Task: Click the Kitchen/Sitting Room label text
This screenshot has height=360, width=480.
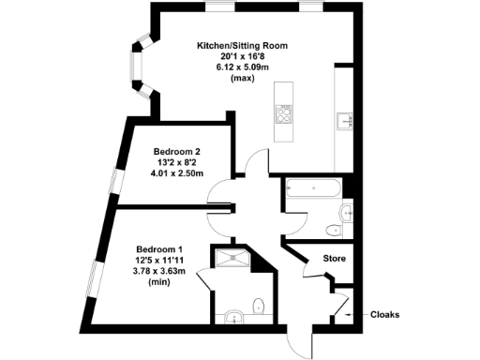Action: click(241, 45)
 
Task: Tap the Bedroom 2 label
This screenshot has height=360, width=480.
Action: click(177, 151)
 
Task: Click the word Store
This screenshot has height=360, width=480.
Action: click(335, 258)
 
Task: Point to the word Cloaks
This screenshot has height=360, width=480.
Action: click(385, 315)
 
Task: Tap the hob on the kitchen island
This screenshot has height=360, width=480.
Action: click(283, 114)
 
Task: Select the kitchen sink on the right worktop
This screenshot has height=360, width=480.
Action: click(345, 119)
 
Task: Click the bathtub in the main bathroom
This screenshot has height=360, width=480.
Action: click(314, 188)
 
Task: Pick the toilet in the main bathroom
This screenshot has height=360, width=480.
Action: click(332, 231)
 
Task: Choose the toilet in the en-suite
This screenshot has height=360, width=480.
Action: click(259, 304)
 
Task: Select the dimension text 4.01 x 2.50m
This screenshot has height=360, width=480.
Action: click(177, 172)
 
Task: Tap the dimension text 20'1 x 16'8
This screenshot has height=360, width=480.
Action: click(241, 56)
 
